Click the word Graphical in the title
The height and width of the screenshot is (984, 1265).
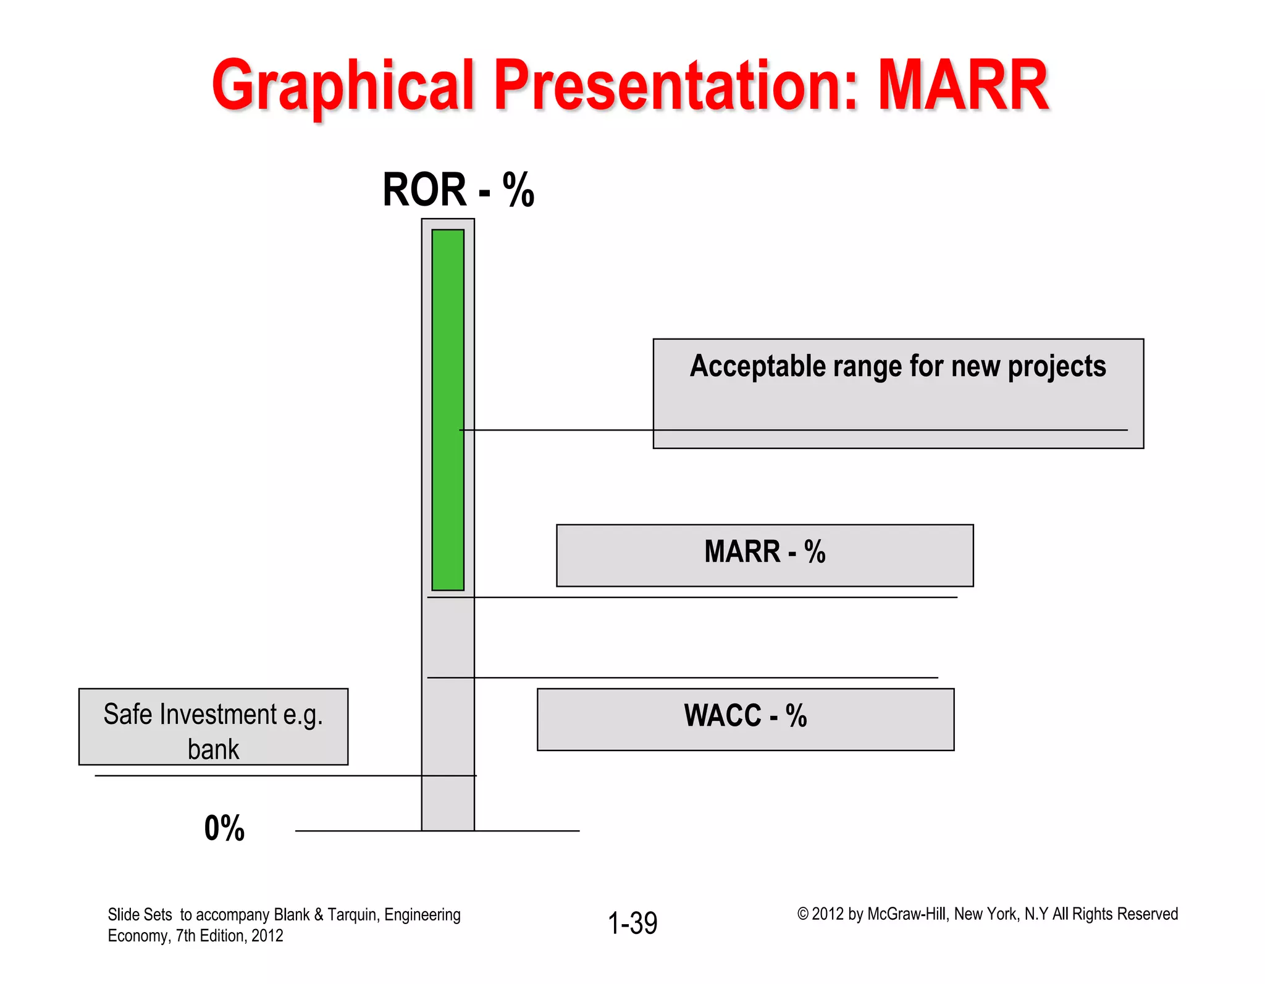click(x=343, y=86)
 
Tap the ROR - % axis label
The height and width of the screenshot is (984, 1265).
click(x=458, y=190)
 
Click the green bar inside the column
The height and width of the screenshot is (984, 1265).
click(x=448, y=408)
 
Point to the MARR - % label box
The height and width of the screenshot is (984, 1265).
click(x=765, y=554)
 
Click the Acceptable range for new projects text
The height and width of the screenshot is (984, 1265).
click(x=897, y=366)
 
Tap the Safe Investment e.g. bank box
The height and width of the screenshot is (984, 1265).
click(x=213, y=726)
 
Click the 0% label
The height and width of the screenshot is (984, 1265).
click(x=224, y=828)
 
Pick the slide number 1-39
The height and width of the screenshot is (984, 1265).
click(x=632, y=923)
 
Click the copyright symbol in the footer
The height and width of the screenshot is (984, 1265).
click(x=802, y=914)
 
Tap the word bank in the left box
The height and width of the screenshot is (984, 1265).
click(x=213, y=749)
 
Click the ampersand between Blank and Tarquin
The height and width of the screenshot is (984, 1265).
click(x=319, y=915)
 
